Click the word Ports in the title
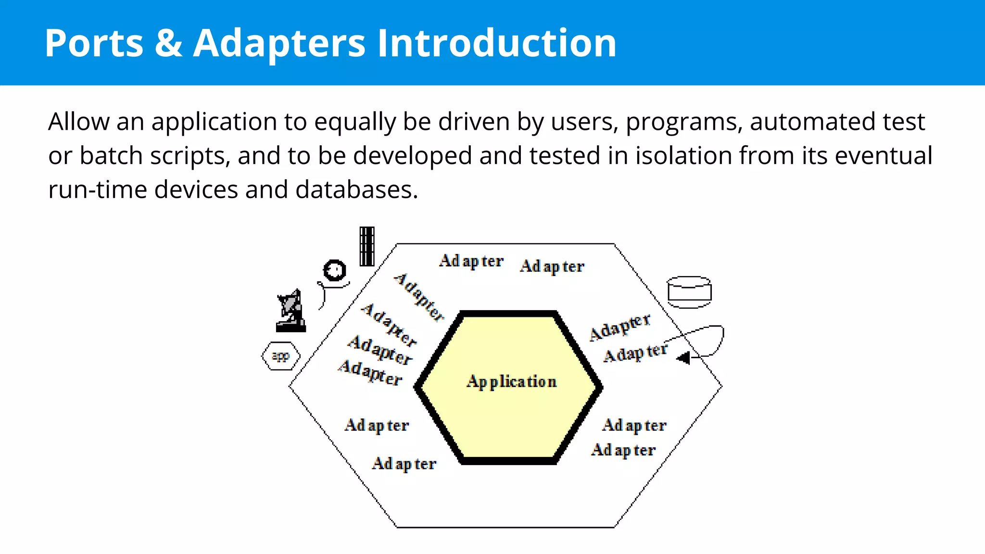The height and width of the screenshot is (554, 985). pyautogui.click(x=94, y=43)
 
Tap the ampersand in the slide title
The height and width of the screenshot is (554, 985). pyautogui.click(x=168, y=43)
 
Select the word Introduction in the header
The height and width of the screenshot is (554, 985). pyautogui.click(x=496, y=43)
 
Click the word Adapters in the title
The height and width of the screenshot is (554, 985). pyautogui.click(x=279, y=43)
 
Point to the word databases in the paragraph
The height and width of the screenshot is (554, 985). pyautogui.click(x=356, y=189)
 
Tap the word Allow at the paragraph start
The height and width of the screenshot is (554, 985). pyautogui.click(x=79, y=121)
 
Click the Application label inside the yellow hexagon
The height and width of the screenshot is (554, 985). pyautogui.click(x=511, y=381)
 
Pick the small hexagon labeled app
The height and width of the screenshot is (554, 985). pyautogui.click(x=281, y=356)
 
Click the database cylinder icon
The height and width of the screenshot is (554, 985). pyautogui.click(x=689, y=292)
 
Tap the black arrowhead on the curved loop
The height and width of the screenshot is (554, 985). pyautogui.click(x=683, y=358)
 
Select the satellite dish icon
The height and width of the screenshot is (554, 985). pyautogui.click(x=291, y=311)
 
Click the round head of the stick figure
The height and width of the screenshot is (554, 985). pyautogui.click(x=335, y=270)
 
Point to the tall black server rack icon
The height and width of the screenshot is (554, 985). pyautogui.click(x=367, y=246)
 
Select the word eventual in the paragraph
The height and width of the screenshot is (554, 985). pyautogui.click(x=884, y=155)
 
